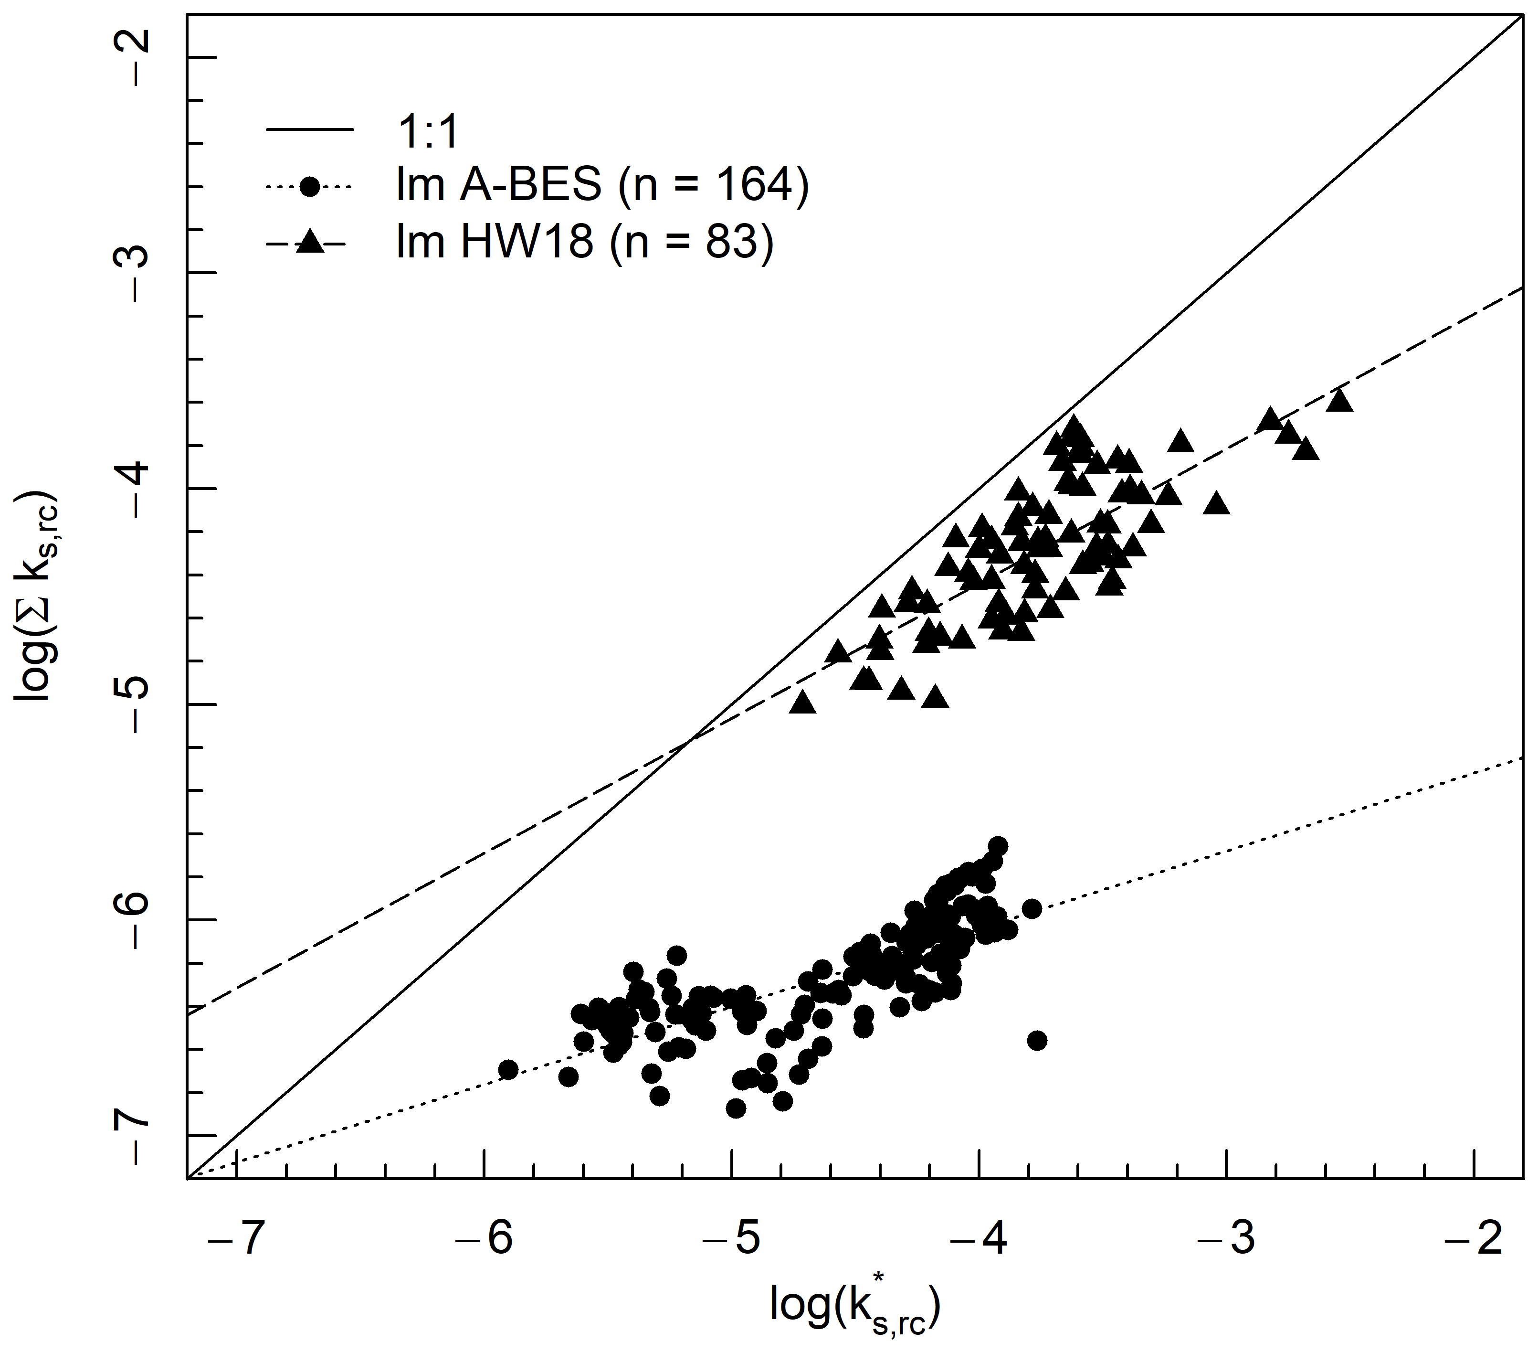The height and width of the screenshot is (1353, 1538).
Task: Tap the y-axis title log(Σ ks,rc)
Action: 38,597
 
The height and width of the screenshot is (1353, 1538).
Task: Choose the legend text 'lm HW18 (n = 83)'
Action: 585,243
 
